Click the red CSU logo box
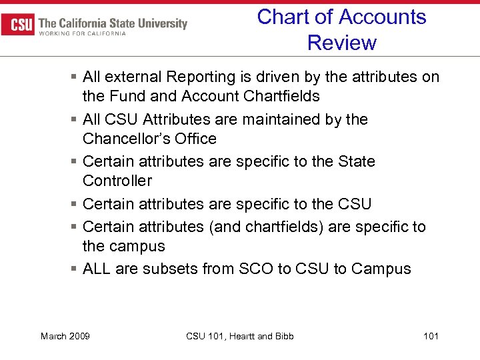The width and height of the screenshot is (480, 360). click(x=19, y=24)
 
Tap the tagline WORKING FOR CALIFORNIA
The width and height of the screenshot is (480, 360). click(x=82, y=34)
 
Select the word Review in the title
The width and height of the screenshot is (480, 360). click(x=341, y=43)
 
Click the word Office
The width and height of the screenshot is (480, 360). click(x=194, y=139)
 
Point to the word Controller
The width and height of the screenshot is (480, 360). click(x=117, y=181)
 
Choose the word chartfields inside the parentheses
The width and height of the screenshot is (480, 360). click(x=280, y=227)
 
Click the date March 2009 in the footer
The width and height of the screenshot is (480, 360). click(x=65, y=336)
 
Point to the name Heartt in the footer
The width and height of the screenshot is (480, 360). click(x=241, y=336)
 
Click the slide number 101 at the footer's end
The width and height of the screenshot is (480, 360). click(x=431, y=336)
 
